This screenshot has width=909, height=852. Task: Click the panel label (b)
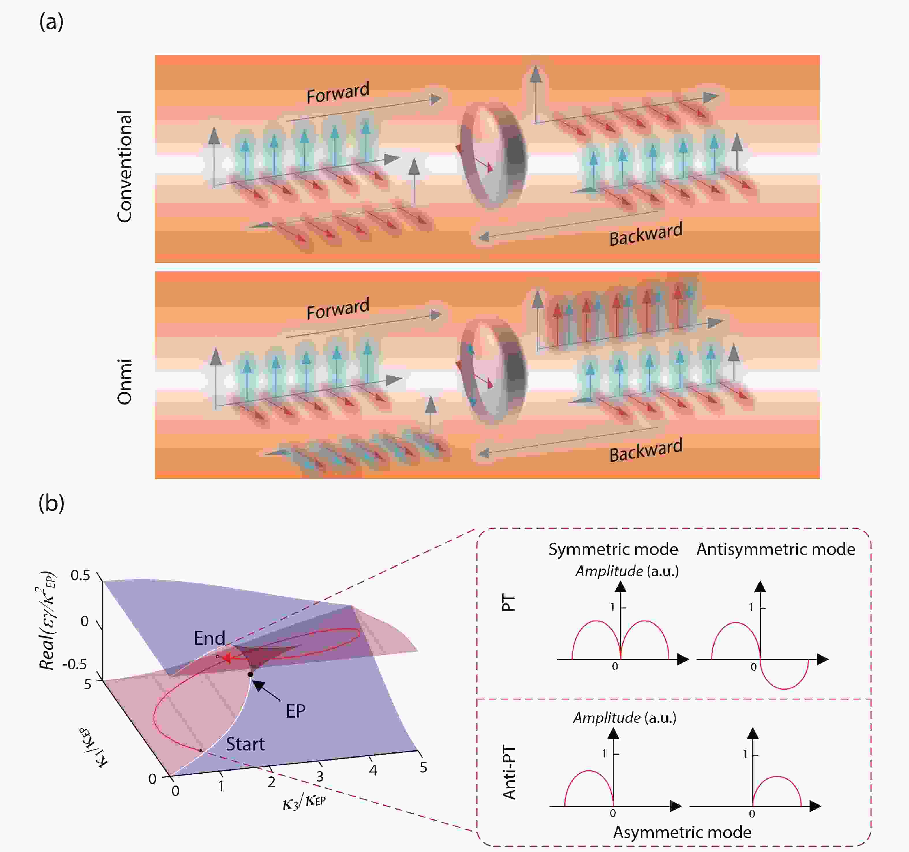tap(51, 503)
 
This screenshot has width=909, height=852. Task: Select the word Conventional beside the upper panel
tap(124, 166)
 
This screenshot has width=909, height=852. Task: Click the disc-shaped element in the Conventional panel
tap(493, 154)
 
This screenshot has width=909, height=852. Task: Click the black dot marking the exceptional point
tap(250, 674)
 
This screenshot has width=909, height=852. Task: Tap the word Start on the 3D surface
tap(245, 744)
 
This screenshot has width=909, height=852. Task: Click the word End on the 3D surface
tap(210, 638)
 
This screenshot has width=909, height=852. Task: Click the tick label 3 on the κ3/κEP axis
tap(320, 777)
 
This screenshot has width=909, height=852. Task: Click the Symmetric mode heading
tap(613, 549)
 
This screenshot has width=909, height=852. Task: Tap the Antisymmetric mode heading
tap(775, 549)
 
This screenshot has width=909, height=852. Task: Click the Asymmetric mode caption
tap(682, 832)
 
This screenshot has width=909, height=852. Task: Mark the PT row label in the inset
tap(509, 603)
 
